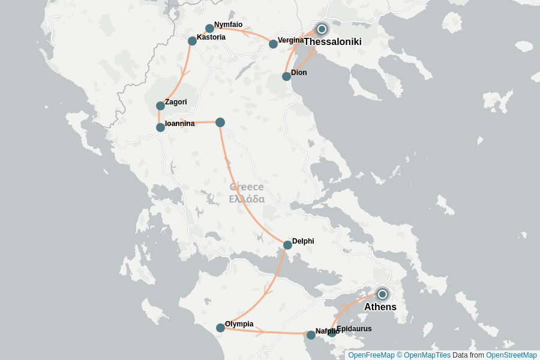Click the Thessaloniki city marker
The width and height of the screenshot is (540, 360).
pyautogui.click(x=322, y=29)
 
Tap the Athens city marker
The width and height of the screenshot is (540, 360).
pyautogui.click(x=382, y=294)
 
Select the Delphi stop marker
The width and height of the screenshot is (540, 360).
pyautogui.click(x=288, y=245)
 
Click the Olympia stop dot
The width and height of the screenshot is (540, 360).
pyautogui.click(x=221, y=328)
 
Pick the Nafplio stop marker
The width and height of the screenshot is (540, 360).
pyautogui.click(x=311, y=335)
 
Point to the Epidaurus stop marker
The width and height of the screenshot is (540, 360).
pyautogui.click(x=332, y=332)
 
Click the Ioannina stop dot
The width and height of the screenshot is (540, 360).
pyautogui.click(x=160, y=127)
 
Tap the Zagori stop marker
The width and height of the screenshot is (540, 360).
pyautogui.click(x=160, y=106)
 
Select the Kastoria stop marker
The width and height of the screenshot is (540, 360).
pyautogui.click(x=192, y=41)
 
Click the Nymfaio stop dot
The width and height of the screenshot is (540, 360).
pyautogui.click(x=209, y=28)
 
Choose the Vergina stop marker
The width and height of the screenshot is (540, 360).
pyautogui.click(x=274, y=44)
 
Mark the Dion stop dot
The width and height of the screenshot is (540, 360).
pyautogui.click(x=286, y=76)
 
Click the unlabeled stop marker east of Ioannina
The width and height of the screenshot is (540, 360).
pyautogui.click(x=220, y=122)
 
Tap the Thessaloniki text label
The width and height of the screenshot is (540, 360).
pyautogui.click(x=332, y=42)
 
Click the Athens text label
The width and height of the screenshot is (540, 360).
pyautogui.click(x=380, y=307)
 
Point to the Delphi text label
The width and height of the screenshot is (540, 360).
pyautogui.click(x=303, y=241)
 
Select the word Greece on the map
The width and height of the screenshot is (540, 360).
pyautogui.click(x=247, y=187)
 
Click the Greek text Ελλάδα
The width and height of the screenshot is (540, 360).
pyautogui.click(x=247, y=199)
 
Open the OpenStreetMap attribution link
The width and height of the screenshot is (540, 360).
pyautogui.click(x=511, y=355)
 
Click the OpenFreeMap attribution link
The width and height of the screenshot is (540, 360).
pyautogui.click(x=371, y=355)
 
